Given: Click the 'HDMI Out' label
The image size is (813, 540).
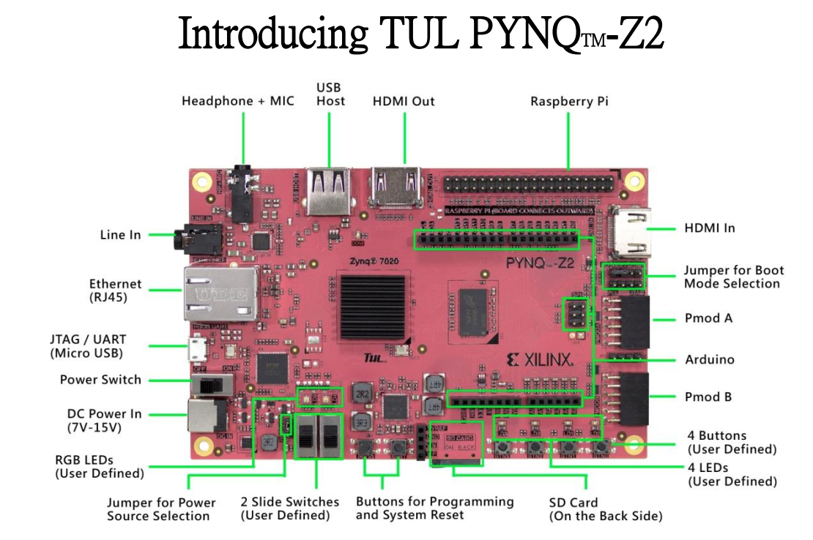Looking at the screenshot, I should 403,101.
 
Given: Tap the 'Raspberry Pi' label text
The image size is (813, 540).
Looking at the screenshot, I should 569,101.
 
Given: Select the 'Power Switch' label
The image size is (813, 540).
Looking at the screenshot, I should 100,380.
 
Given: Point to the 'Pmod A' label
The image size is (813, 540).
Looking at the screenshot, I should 708,318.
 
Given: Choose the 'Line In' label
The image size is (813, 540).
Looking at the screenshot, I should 120,235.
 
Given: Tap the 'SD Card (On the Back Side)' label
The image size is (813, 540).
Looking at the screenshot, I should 606,509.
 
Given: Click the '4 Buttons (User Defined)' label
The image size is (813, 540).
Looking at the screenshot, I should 732,443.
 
